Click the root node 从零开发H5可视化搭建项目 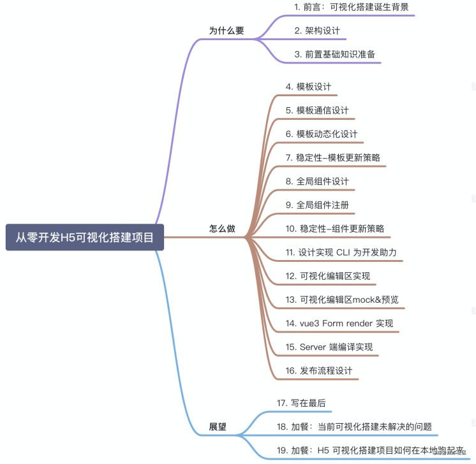85,238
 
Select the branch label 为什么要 227,30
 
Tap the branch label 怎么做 222,229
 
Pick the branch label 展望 218,426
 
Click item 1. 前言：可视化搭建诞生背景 351,7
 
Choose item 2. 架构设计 317,31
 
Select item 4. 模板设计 308,87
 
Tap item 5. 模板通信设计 317,110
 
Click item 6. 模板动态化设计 322,134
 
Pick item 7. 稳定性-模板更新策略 334,157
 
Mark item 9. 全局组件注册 317,205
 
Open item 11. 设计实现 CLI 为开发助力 341,252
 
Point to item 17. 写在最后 301,403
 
